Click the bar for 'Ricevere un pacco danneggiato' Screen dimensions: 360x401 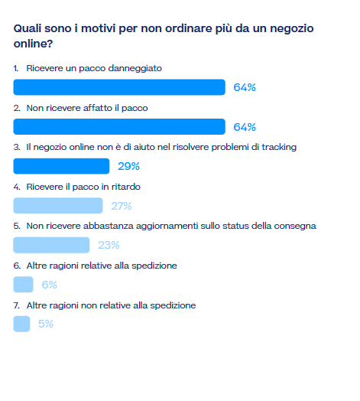[x=119, y=87]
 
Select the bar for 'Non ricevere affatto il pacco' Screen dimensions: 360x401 [x=119, y=126]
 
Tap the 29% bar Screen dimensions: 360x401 [x=61, y=166]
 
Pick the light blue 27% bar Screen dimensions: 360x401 [x=58, y=206]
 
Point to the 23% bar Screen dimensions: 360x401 [x=51, y=245]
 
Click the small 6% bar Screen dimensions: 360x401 [x=23, y=285]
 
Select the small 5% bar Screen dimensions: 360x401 [x=21, y=324]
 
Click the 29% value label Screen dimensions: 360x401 [x=128, y=166]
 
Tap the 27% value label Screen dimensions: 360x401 [x=122, y=206]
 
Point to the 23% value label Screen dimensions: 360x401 [x=109, y=245]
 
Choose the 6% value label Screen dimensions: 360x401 [x=50, y=285]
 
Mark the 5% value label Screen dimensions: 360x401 [x=46, y=324]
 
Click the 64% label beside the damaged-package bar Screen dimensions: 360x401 [x=245, y=87]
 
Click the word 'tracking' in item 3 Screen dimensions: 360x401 [x=279, y=147]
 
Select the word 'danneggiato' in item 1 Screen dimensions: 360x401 [x=135, y=69]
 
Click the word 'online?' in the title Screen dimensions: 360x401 [x=33, y=44]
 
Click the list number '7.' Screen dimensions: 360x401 [x=17, y=305]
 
